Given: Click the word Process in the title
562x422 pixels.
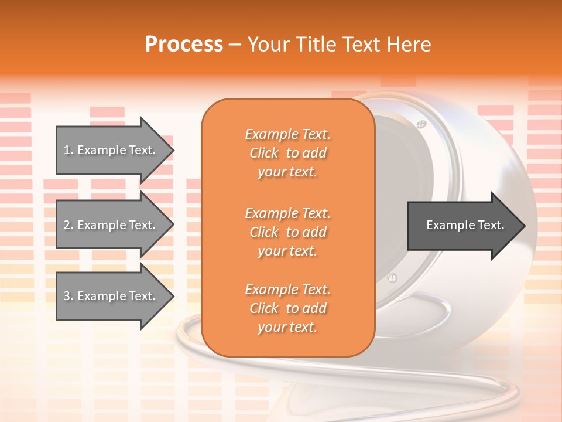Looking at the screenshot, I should (x=184, y=45).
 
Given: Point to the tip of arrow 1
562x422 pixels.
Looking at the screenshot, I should (x=173, y=151).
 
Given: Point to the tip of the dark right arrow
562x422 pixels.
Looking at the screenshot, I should (x=525, y=226).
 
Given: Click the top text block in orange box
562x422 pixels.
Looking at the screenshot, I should (x=287, y=153).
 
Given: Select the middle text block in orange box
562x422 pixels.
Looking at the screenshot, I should (x=287, y=232).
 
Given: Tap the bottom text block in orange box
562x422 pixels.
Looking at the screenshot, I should (x=287, y=308).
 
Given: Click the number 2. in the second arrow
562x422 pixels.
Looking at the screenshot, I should (x=68, y=225).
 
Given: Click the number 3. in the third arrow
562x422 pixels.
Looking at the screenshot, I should (x=68, y=296).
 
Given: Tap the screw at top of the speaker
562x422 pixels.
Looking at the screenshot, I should (x=420, y=124).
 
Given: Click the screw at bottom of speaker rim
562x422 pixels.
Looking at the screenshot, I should (x=393, y=277).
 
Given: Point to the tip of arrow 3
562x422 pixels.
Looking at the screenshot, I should (x=173, y=296).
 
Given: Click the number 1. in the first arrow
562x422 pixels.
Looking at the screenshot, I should (x=68, y=150).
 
